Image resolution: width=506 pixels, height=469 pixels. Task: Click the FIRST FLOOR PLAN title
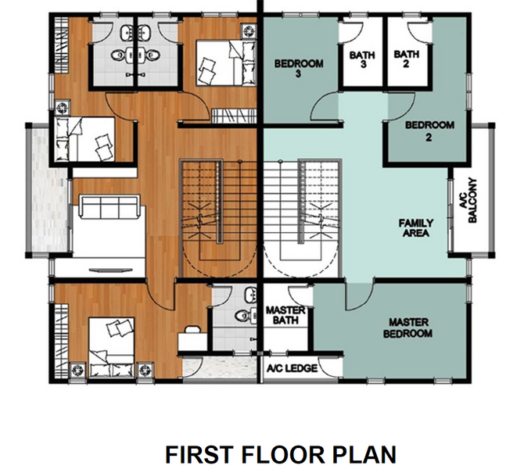point(281,454)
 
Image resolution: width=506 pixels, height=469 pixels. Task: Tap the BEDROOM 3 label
point(299,68)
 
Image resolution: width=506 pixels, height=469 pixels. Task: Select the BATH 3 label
point(362,59)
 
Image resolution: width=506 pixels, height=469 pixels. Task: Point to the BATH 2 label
point(406,59)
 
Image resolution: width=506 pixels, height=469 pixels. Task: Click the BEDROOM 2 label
point(429,131)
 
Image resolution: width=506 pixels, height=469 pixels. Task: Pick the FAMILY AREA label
point(415,227)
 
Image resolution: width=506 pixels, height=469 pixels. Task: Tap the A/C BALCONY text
point(468,200)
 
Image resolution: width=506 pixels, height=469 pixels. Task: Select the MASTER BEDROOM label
point(407,328)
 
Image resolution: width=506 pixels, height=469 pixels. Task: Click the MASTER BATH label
point(285,315)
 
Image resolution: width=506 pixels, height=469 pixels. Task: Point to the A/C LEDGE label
point(292,368)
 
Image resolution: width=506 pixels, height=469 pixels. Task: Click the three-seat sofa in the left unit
point(109,206)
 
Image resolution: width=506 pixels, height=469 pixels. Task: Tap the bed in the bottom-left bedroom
point(112,347)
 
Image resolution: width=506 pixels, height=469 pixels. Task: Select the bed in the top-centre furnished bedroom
point(226,63)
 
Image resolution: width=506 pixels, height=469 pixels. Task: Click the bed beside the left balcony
point(85,139)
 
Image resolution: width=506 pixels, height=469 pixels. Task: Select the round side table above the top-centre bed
point(249,31)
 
